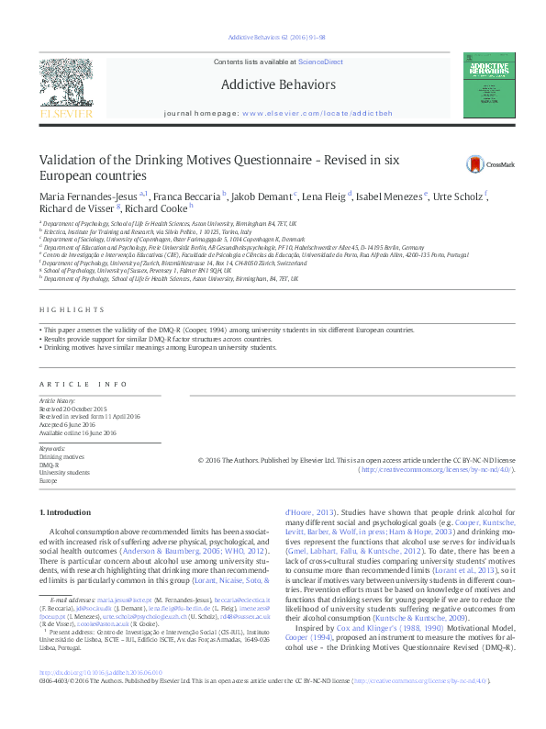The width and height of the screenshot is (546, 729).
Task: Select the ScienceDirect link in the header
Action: (319, 62)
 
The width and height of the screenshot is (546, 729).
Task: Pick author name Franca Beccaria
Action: (189, 196)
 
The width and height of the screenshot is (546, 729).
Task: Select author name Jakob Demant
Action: (262, 196)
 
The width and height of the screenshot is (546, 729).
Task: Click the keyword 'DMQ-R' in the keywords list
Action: (49, 465)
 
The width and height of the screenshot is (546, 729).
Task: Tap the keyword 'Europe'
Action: (48, 480)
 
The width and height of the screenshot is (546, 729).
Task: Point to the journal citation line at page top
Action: (272, 39)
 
